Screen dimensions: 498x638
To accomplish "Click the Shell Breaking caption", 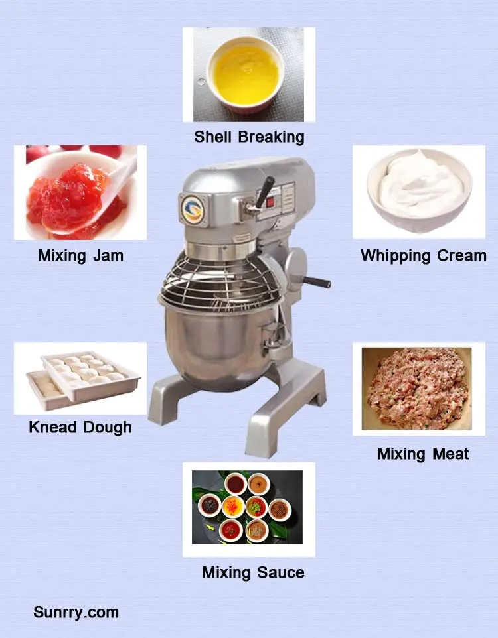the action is [x=249, y=137].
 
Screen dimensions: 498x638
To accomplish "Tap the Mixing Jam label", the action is [x=81, y=255].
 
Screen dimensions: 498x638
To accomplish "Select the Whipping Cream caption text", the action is [x=424, y=256].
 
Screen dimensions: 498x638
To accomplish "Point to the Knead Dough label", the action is [x=80, y=427].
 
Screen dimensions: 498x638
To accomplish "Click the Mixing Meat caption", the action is [x=423, y=454].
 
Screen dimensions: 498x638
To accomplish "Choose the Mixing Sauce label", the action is [x=253, y=572].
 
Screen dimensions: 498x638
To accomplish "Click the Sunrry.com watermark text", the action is [x=76, y=612].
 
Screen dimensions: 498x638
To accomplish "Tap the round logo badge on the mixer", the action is [x=193, y=209].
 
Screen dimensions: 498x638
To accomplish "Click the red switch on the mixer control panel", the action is [x=270, y=202].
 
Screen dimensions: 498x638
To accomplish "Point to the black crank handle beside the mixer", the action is [x=316, y=282].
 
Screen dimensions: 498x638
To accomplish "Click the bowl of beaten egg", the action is [x=245, y=76].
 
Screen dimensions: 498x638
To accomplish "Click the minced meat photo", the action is [x=416, y=389].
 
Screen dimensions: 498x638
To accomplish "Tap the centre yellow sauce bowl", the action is [x=233, y=507].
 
